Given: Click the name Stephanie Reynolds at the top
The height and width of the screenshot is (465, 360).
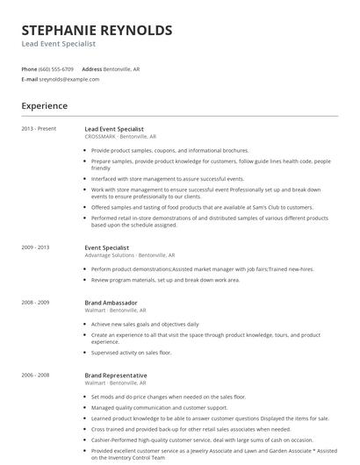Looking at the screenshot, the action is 97,30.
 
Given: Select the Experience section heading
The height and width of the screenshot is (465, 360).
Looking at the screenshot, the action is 45,105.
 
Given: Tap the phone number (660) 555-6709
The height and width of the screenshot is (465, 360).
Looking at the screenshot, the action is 57,68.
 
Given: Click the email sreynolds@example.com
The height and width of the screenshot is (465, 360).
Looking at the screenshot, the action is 69,79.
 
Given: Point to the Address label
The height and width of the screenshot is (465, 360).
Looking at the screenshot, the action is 92,68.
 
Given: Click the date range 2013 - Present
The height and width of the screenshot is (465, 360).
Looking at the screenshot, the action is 38,129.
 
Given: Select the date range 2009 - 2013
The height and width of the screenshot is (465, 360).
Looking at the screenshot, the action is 37,247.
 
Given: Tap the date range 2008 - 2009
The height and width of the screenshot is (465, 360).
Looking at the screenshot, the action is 37,303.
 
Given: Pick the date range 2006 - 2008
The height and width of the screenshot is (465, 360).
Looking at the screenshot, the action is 37,375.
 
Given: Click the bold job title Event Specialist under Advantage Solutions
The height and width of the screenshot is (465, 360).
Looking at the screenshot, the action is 106,247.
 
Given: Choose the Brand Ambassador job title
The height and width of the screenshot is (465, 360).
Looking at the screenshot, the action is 112,303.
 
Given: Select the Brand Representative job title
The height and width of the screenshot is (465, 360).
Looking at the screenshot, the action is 115,375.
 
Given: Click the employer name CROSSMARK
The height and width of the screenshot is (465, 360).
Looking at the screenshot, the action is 100,137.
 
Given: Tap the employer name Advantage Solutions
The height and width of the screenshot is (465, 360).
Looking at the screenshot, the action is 110,255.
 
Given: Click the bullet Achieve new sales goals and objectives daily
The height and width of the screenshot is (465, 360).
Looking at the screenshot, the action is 145,324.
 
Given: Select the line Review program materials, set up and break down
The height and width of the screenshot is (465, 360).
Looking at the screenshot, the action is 165,280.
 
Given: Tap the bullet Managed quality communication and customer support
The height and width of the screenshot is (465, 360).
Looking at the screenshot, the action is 159,407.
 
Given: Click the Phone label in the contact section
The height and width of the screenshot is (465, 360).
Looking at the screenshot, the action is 29,68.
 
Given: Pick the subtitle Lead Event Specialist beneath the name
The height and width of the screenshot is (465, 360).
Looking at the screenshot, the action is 59,44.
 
